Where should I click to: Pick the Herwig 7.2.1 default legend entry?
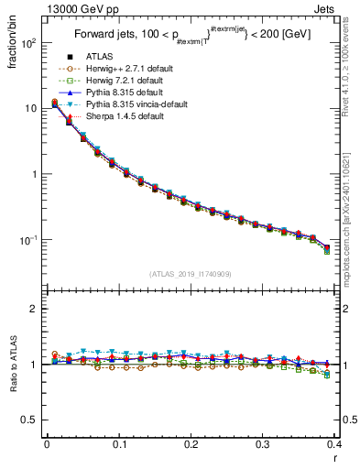[x=121, y=82]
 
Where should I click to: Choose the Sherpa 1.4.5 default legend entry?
[x=120, y=117]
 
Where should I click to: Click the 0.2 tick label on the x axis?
[x=191, y=445]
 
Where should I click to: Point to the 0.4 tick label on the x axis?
[x=333, y=445]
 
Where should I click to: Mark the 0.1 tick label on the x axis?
[x=119, y=445]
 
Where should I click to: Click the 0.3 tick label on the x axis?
[x=262, y=445]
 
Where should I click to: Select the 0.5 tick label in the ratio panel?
[x=31, y=420]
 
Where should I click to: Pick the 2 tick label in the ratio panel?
[x=36, y=309]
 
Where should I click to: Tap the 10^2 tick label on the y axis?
[x=28, y=43]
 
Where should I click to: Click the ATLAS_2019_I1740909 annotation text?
[x=191, y=274]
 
